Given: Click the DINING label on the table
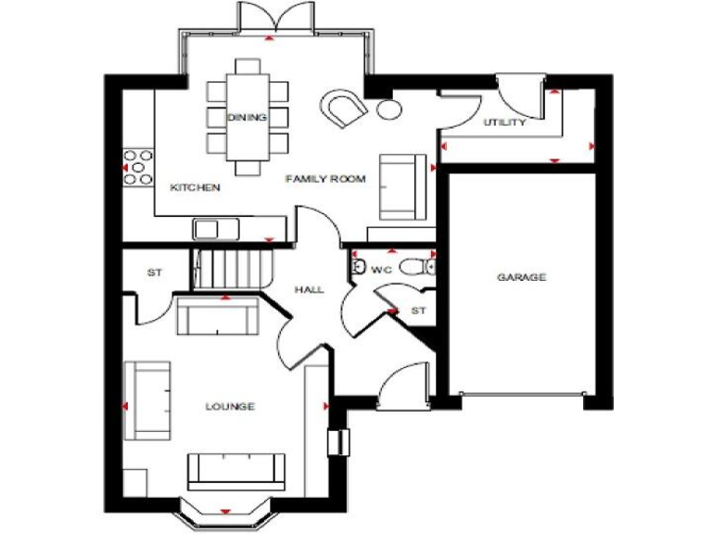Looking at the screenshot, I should pyautogui.click(x=248, y=118).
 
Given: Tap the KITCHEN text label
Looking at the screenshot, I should pyautogui.click(x=195, y=188).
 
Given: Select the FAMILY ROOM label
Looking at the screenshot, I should pyautogui.click(x=325, y=178).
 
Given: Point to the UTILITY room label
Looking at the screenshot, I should pyautogui.click(x=504, y=122).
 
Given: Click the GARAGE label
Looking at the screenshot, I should pyautogui.click(x=521, y=277).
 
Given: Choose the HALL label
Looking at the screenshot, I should pyautogui.click(x=309, y=290).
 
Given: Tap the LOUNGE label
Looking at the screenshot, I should pyautogui.click(x=230, y=407).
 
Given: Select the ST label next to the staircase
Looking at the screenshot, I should pyautogui.click(x=155, y=273).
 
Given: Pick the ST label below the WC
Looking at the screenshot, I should pyautogui.click(x=418, y=311).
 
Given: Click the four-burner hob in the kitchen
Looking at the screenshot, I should pyautogui.click(x=139, y=168).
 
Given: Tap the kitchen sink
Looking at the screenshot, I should pyautogui.click(x=206, y=228).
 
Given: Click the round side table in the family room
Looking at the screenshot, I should pyautogui.click(x=387, y=109).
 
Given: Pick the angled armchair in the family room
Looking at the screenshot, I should pyautogui.click(x=345, y=108).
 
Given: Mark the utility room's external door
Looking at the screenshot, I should pyautogui.click(x=512, y=93).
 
